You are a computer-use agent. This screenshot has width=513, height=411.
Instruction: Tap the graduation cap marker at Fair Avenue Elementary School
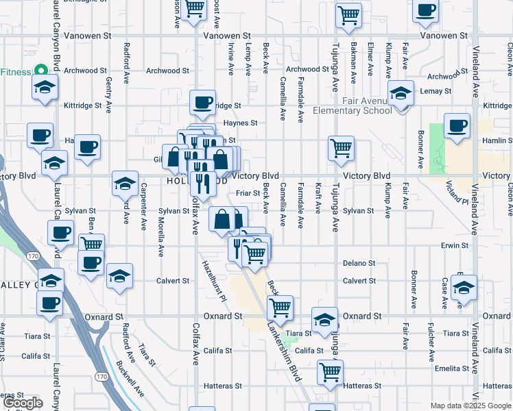pyautogui.click(x=401, y=95)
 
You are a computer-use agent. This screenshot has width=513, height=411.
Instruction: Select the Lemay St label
pyautogui.click(x=436, y=90)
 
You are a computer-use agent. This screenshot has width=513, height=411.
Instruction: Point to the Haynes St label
pyautogui.click(x=243, y=123)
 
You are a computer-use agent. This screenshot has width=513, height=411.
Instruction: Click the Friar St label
pyautogui.click(x=248, y=193)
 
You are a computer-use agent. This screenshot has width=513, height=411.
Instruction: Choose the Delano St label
pyautogui.click(x=359, y=263)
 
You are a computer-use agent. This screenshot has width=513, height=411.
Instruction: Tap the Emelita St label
pyautogui.click(x=455, y=368)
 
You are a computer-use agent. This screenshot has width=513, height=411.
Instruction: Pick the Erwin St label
pyautogui.click(x=455, y=245)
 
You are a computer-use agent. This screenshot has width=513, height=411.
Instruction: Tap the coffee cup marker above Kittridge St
pyautogui.click(x=203, y=103)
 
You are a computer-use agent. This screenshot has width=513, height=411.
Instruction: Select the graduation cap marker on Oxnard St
pyautogui.click(x=324, y=319)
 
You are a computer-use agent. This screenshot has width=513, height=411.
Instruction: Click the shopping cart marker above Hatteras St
pyautogui.click(x=330, y=373)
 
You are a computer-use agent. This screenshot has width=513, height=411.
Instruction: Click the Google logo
pyautogui.click(x=23, y=403)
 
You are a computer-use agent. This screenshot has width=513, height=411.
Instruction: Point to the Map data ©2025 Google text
pyautogui.click(x=470, y=406)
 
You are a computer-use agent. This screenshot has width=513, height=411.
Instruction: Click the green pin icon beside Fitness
pyautogui.click(x=41, y=71)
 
